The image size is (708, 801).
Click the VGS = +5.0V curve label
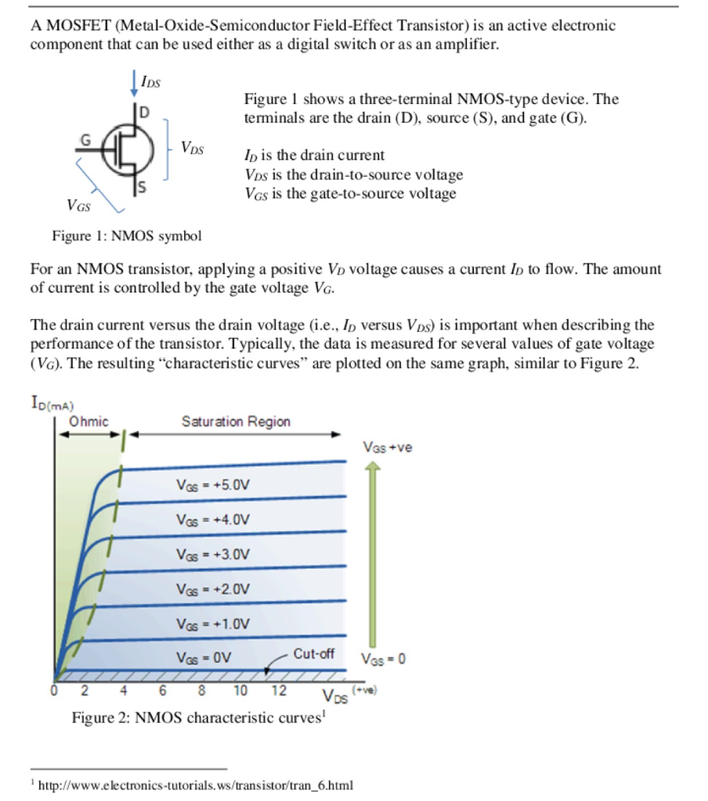click(x=212, y=485)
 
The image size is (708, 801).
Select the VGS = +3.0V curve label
click(x=212, y=555)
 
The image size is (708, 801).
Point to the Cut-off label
click(x=314, y=653)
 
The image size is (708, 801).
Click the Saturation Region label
click(x=236, y=422)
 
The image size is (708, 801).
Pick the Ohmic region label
click(x=88, y=422)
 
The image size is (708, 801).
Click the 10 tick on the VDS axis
click(x=240, y=691)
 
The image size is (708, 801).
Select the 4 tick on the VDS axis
click(x=123, y=691)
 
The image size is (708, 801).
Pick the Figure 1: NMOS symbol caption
click(x=126, y=235)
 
